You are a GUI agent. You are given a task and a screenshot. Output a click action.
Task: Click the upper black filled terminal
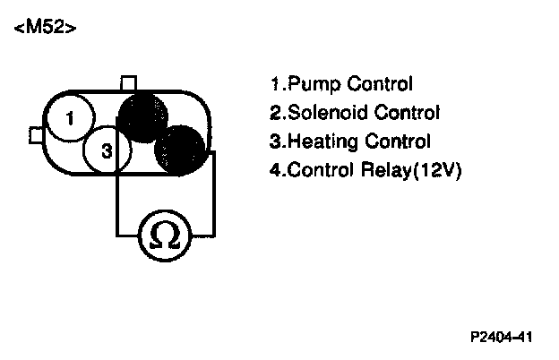coord(143,115)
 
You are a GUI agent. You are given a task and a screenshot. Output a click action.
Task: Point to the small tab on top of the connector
coord(128,83)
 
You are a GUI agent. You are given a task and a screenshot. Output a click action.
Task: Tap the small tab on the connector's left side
coord(36,134)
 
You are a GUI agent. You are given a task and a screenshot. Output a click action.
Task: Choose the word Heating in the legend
coord(314,141)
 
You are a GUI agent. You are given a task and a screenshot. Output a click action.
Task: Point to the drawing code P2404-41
coord(502,338)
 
